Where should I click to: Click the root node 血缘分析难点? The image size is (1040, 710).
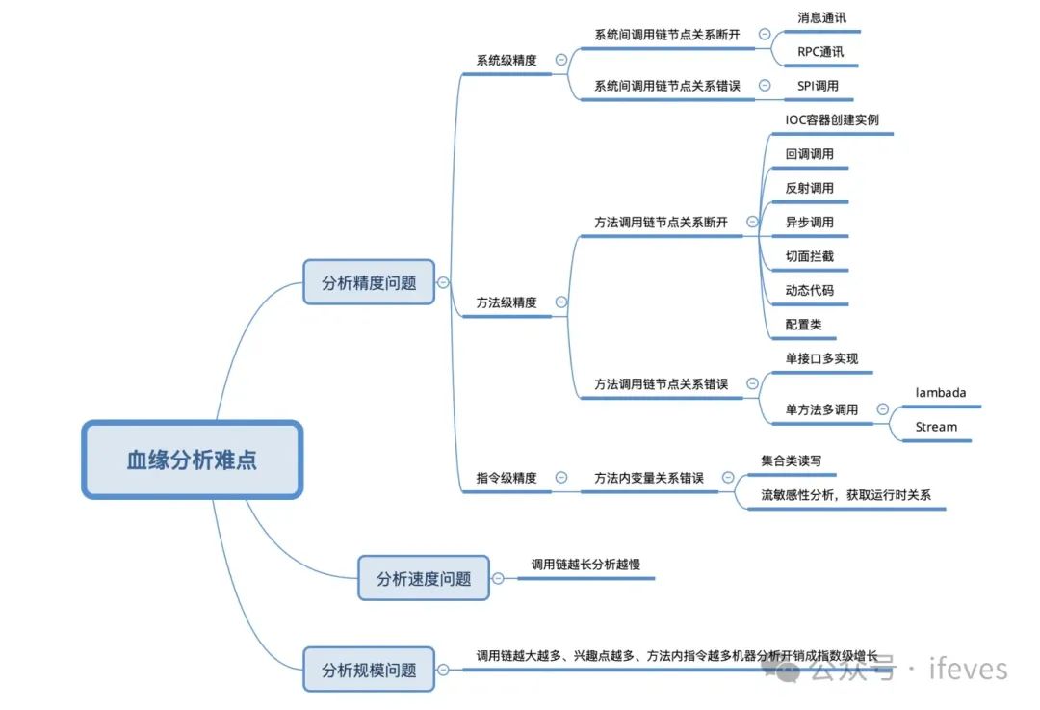click(x=193, y=460)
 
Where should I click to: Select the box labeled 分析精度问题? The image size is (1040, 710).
click(x=369, y=282)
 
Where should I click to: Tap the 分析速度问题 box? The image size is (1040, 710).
click(x=424, y=578)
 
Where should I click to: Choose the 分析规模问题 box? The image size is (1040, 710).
click(x=369, y=670)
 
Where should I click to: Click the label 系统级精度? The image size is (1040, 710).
click(x=507, y=60)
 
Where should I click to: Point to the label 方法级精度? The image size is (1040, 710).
click(x=507, y=302)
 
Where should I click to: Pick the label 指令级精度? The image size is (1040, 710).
click(x=507, y=478)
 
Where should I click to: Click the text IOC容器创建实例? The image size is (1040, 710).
click(x=832, y=120)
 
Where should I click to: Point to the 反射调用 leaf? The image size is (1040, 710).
click(x=810, y=188)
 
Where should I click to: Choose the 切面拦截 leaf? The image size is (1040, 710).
click(x=810, y=256)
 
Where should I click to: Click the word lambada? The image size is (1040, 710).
click(x=941, y=393)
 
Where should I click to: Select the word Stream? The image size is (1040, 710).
click(x=936, y=427)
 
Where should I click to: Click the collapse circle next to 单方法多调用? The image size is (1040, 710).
click(x=883, y=409)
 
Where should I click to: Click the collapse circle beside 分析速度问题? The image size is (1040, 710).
click(x=498, y=578)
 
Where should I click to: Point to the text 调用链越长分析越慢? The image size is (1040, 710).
click(x=585, y=565)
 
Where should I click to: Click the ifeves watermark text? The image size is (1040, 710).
click(x=968, y=669)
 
